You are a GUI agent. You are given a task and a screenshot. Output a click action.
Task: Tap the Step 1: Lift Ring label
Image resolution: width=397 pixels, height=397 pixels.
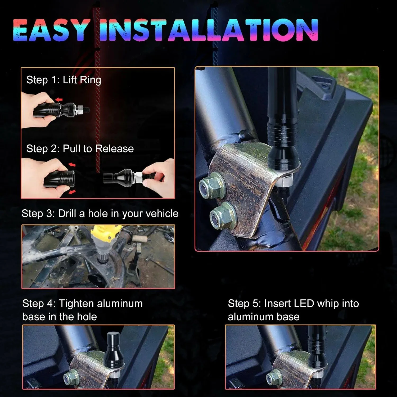(64, 80)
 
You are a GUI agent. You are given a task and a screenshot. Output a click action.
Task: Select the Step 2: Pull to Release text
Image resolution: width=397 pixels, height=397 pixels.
(80, 148)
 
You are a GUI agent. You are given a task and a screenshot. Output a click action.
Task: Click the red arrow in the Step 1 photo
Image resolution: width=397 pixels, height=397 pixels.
(59, 100)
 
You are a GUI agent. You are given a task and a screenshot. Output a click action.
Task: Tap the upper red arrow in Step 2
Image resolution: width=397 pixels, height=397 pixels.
(72, 165)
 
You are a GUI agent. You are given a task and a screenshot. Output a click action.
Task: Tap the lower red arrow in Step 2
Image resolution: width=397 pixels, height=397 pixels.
(72, 192)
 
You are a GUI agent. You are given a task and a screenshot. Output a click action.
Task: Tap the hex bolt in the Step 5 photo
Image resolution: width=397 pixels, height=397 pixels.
(274, 377)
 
